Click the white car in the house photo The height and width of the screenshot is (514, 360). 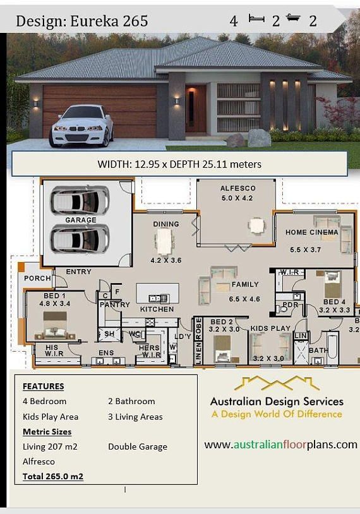click(x=81, y=126)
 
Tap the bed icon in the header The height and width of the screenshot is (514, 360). click(x=256, y=18)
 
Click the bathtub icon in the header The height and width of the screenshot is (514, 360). click(x=293, y=18)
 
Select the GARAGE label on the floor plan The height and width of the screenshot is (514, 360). click(x=81, y=220)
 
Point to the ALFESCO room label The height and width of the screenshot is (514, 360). click(x=237, y=188)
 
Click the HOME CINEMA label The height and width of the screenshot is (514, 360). click(x=311, y=232)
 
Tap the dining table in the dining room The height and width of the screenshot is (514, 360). click(x=164, y=241)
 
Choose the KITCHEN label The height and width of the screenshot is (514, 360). click(x=157, y=309)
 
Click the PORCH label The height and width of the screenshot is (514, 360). click(x=37, y=278)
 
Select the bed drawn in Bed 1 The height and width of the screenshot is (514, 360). click(x=55, y=325)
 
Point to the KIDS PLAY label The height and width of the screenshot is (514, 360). click(x=270, y=328)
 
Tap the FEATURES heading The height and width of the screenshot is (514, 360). click(x=44, y=386)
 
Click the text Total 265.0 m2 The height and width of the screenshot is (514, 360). click(x=53, y=476)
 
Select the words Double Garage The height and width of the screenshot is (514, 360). click(x=138, y=446)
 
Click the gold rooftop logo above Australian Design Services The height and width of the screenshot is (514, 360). click(x=277, y=383)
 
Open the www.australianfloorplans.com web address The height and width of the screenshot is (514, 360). click(x=280, y=445)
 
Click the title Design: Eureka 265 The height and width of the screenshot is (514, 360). click(x=82, y=21)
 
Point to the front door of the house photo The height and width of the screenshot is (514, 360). click(x=196, y=109)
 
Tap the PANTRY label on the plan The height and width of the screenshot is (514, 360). click(x=115, y=304)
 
